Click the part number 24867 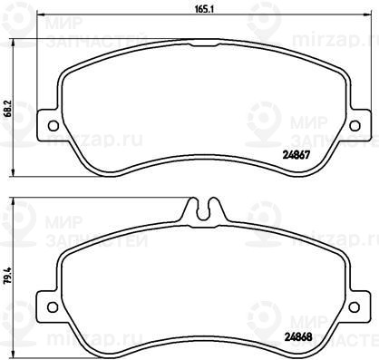(x=296, y=155)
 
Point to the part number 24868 (x=298, y=337)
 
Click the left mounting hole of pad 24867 (x=53, y=126)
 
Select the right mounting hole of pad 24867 (x=355, y=126)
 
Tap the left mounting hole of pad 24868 (x=53, y=306)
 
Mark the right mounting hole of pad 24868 (x=355, y=306)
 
